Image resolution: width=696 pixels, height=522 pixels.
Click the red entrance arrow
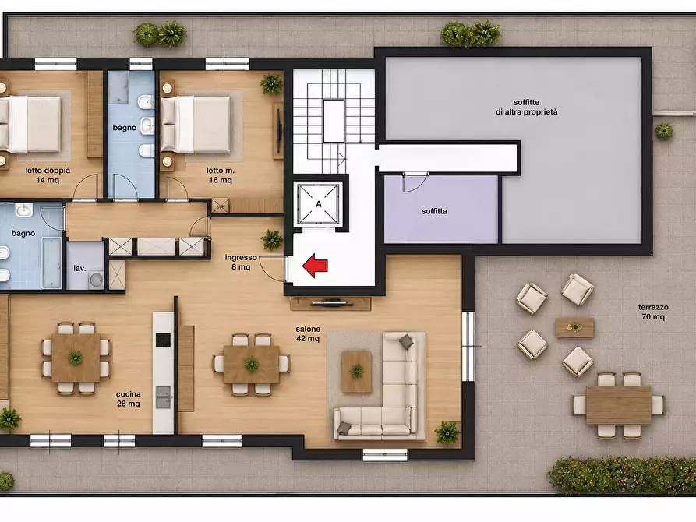pyautogui.click(x=315, y=266)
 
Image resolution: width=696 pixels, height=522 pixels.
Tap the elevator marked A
pyautogui.click(x=319, y=204)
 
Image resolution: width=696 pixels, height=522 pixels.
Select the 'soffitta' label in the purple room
pyautogui.click(x=434, y=211)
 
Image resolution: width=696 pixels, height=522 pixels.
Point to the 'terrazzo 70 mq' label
pyautogui.click(x=653, y=312)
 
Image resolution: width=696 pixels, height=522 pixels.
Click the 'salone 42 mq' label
pyautogui.click(x=308, y=333)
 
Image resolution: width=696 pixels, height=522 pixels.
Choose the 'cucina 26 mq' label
pyautogui.click(x=129, y=399)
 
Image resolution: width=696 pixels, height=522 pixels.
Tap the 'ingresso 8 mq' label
pyautogui.click(x=241, y=262)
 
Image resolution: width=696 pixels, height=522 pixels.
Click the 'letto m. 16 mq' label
pyautogui.click(x=220, y=175)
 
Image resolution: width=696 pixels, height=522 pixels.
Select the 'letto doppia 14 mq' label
pyautogui.click(x=48, y=175)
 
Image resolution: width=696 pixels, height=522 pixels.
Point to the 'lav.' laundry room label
pyautogui.click(x=79, y=269)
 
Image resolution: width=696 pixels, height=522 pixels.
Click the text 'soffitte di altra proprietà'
pyautogui.click(x=526, y=107)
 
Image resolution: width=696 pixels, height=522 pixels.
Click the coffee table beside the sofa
pyautogui.click(x=356, y=372)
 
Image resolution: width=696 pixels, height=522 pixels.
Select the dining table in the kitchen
pyautogui.click(x=76, y=358)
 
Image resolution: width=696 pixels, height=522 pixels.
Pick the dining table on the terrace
pyautogui.click(x=618, y=405)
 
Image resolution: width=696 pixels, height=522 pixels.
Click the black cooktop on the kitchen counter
pyautogui.click(x=163, y=340)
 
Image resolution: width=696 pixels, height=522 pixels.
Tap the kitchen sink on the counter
pyautogui.click(x=163, y=397)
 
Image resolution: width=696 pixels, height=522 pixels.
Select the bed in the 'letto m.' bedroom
pyautogui.click(x=196, y=125)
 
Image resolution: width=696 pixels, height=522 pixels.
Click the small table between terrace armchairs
pyautogui.click(x=575, y=327)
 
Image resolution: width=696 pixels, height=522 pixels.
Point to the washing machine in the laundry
pyautogui.click(x=96, y=280)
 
